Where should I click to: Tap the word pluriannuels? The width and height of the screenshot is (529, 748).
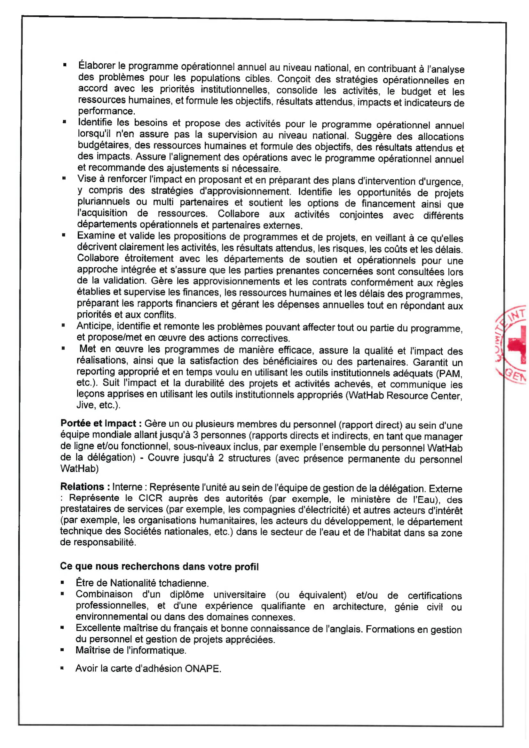click(x=104, y=202)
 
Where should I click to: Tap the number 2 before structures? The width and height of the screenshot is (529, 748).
click(x=221, y=458)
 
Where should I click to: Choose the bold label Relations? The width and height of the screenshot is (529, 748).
click(x=82, y=487)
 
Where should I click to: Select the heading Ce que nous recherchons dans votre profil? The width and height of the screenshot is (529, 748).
click(x=159, y=566)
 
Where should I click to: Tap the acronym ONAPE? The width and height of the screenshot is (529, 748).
click(x=203, y=668)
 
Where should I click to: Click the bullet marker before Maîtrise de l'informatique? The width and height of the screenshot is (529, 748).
click(x=62, y=650)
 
